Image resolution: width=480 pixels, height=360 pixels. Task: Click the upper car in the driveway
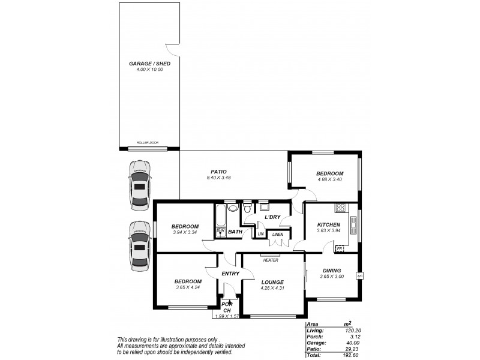coord(139,185)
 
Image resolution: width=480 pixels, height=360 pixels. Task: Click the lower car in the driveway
coord(139,247)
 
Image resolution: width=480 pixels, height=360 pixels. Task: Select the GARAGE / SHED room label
coord(149,63)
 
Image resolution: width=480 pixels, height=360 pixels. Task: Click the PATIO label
coord(218,172)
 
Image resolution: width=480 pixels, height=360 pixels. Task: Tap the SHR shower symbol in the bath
coord(220,231)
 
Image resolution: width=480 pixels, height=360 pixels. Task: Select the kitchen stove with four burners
coord(341,208)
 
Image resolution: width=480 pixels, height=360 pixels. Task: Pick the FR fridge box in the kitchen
coord(339,248)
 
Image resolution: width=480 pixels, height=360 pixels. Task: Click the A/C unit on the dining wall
coord(359,275)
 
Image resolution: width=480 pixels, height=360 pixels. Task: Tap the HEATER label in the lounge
coord(269,260)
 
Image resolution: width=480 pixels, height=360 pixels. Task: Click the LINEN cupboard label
coord(277,234)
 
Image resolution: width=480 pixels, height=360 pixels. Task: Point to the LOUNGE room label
coord(272,281)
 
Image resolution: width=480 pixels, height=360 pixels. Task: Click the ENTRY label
coord(230,274)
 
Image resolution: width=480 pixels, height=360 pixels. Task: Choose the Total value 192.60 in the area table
coord(349,355)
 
